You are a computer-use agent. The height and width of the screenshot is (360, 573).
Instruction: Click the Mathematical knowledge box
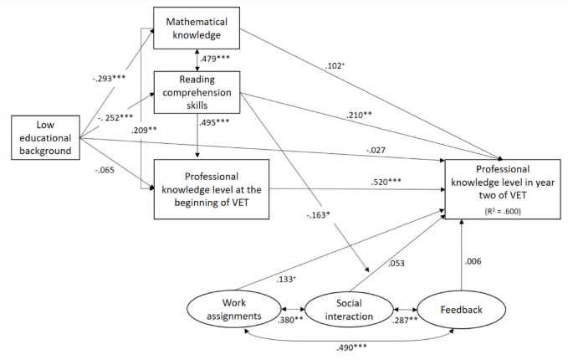coord(197,28)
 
